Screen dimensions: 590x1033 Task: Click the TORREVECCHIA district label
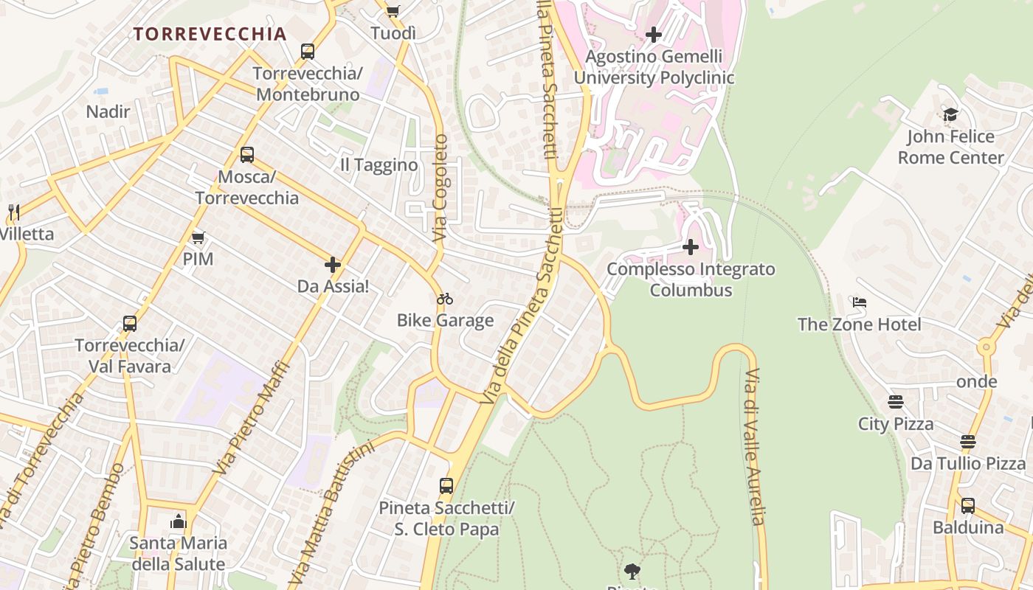point(210,34)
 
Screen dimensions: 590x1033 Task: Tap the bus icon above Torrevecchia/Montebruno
point(308,52)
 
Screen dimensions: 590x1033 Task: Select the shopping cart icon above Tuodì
point(393,11)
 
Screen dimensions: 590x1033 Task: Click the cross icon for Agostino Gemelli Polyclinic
point(653,35)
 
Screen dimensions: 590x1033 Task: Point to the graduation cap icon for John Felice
point(950,115)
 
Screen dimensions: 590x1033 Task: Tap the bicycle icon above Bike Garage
point(445,299)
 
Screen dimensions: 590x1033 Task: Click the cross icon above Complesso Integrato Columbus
point(691,246)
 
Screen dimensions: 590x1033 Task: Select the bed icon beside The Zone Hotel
point(859,302)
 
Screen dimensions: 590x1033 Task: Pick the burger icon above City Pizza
point(896,402)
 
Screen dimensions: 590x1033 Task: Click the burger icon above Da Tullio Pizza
point(967,442)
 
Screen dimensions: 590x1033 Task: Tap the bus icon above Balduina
point(967,506)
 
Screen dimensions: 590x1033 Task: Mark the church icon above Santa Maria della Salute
point(178,522)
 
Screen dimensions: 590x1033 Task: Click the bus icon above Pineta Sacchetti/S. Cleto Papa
point(446,486)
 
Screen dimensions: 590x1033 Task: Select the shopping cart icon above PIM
point(198,237)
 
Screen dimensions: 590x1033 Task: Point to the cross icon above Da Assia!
point(333,265)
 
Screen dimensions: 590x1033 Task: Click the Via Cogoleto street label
point(441,188)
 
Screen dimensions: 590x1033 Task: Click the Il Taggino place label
point(379,165)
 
